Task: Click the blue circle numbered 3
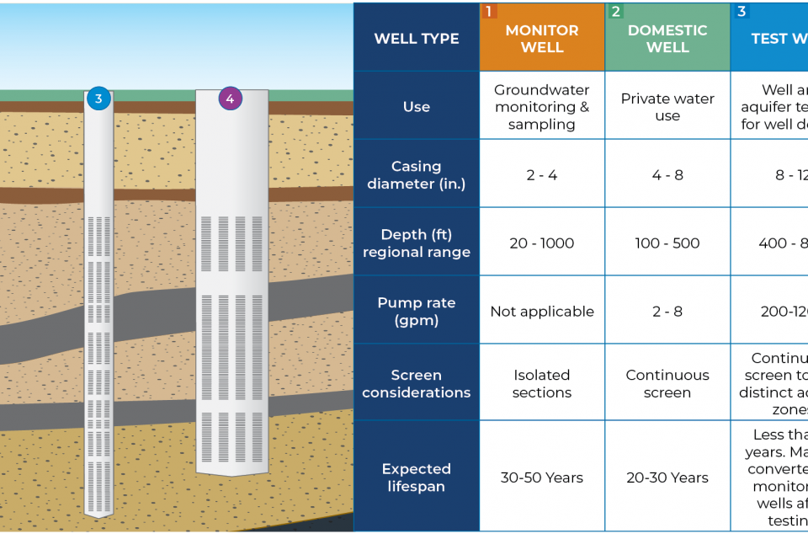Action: (98, 99)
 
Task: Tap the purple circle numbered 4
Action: (230, 99)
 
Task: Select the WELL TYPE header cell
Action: (417, 39)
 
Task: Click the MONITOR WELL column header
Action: (542, 39)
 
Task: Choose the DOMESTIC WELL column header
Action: (667, 39)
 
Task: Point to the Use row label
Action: (417, 107)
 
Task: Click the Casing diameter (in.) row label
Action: (417, 175)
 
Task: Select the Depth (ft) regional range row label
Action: (417, 243)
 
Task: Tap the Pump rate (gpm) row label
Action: (417, 312)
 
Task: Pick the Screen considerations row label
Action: (417, 383)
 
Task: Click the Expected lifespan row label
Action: (417, 478)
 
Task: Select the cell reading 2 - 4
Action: (542, 175)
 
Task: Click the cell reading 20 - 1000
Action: (542, 243)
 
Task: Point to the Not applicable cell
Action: (542, 312)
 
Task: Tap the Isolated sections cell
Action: (542, 383)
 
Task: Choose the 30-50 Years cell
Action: (542, 478)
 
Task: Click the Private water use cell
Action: (667, 107)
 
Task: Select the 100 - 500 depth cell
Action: (667, 243)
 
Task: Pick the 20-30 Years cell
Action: (667, 478)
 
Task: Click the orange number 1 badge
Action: (488, 12)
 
